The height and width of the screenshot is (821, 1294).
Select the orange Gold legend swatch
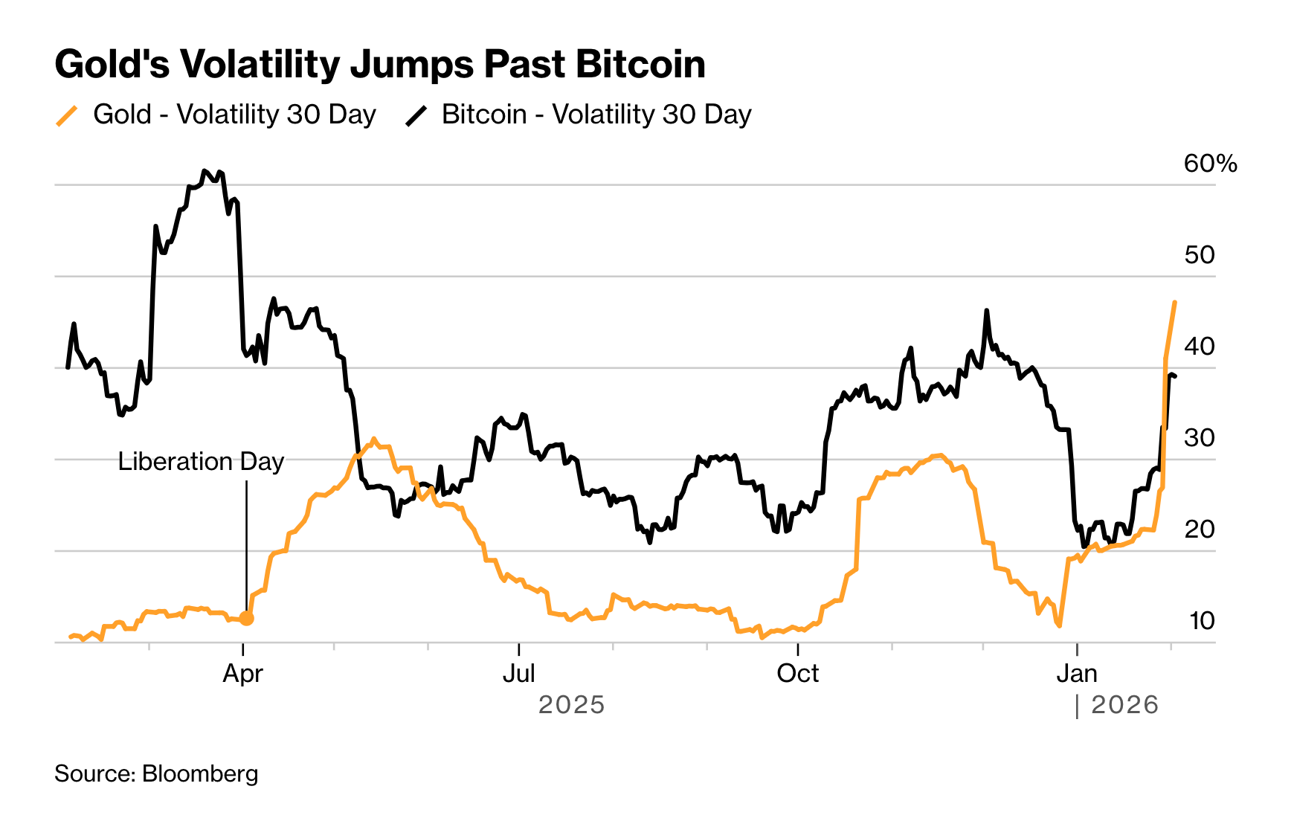(67, 116)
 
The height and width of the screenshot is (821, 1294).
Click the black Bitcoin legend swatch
(416, 116)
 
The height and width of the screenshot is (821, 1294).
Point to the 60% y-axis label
(1210, 164)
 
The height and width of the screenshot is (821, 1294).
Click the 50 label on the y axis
(1199, 255)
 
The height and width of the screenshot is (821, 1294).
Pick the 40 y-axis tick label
(1199, 347)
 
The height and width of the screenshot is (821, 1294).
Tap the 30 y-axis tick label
(1199, 438)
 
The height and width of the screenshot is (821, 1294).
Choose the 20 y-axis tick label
(1199, 529)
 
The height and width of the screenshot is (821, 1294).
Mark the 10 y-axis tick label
(1201, 621)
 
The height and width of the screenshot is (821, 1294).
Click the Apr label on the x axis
(243, 674)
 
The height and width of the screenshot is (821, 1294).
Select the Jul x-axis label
(518, 674)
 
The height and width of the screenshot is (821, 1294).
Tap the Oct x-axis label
(797, 674)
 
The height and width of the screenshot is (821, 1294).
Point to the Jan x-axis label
(1077, 674)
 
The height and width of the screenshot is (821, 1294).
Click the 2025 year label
(571, 705)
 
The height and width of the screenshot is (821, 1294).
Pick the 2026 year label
(1124, 705)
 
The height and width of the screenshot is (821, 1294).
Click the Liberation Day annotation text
(201, 462)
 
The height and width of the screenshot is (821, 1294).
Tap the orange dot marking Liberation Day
(247, 618)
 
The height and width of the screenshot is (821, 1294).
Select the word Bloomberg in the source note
(200, 774)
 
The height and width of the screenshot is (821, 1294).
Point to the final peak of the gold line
(1174, 302)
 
